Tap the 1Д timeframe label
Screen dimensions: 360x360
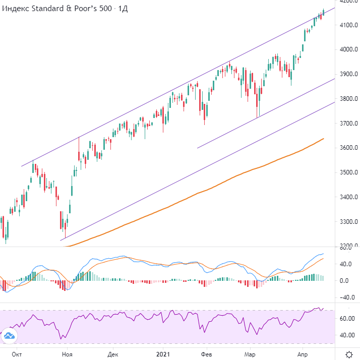point(123,10)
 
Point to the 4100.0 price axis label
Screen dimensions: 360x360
point(349,25)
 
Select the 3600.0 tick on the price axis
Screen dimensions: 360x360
point(349,148)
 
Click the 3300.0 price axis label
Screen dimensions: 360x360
point(349,222)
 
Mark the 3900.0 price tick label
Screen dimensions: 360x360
point(349,74)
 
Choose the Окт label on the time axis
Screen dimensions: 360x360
point(17,355)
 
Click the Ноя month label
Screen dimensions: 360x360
point(67,355)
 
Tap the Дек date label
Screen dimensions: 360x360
point(113,355)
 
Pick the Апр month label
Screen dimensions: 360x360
point(303,355)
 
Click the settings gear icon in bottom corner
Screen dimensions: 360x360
point(349,354)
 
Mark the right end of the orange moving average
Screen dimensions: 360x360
point(323,138)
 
